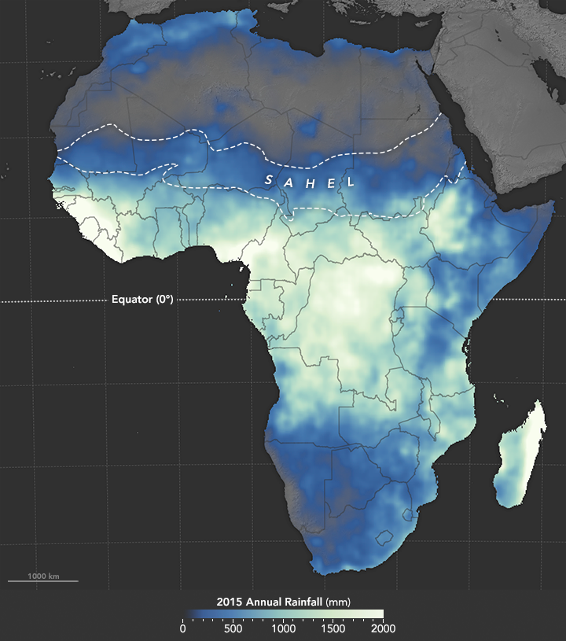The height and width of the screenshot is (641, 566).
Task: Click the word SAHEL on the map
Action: (308, 182)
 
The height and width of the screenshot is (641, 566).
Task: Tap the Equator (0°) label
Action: (142, 300)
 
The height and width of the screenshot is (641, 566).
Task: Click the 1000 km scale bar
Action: (43, 580)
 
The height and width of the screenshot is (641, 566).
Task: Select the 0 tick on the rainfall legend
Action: (182, 628)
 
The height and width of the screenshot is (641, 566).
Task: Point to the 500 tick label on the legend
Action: (232, 628)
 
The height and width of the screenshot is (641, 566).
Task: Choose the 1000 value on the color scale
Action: (283, 628)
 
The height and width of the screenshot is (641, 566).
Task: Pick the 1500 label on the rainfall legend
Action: (333, 628)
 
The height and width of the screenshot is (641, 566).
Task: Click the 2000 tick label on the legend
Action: (383, 628)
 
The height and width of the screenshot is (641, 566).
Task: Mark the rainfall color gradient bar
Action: (283, 613)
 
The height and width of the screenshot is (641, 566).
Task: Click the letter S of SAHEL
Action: (269, 179)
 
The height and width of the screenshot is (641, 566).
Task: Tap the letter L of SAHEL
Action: (348, 184)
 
